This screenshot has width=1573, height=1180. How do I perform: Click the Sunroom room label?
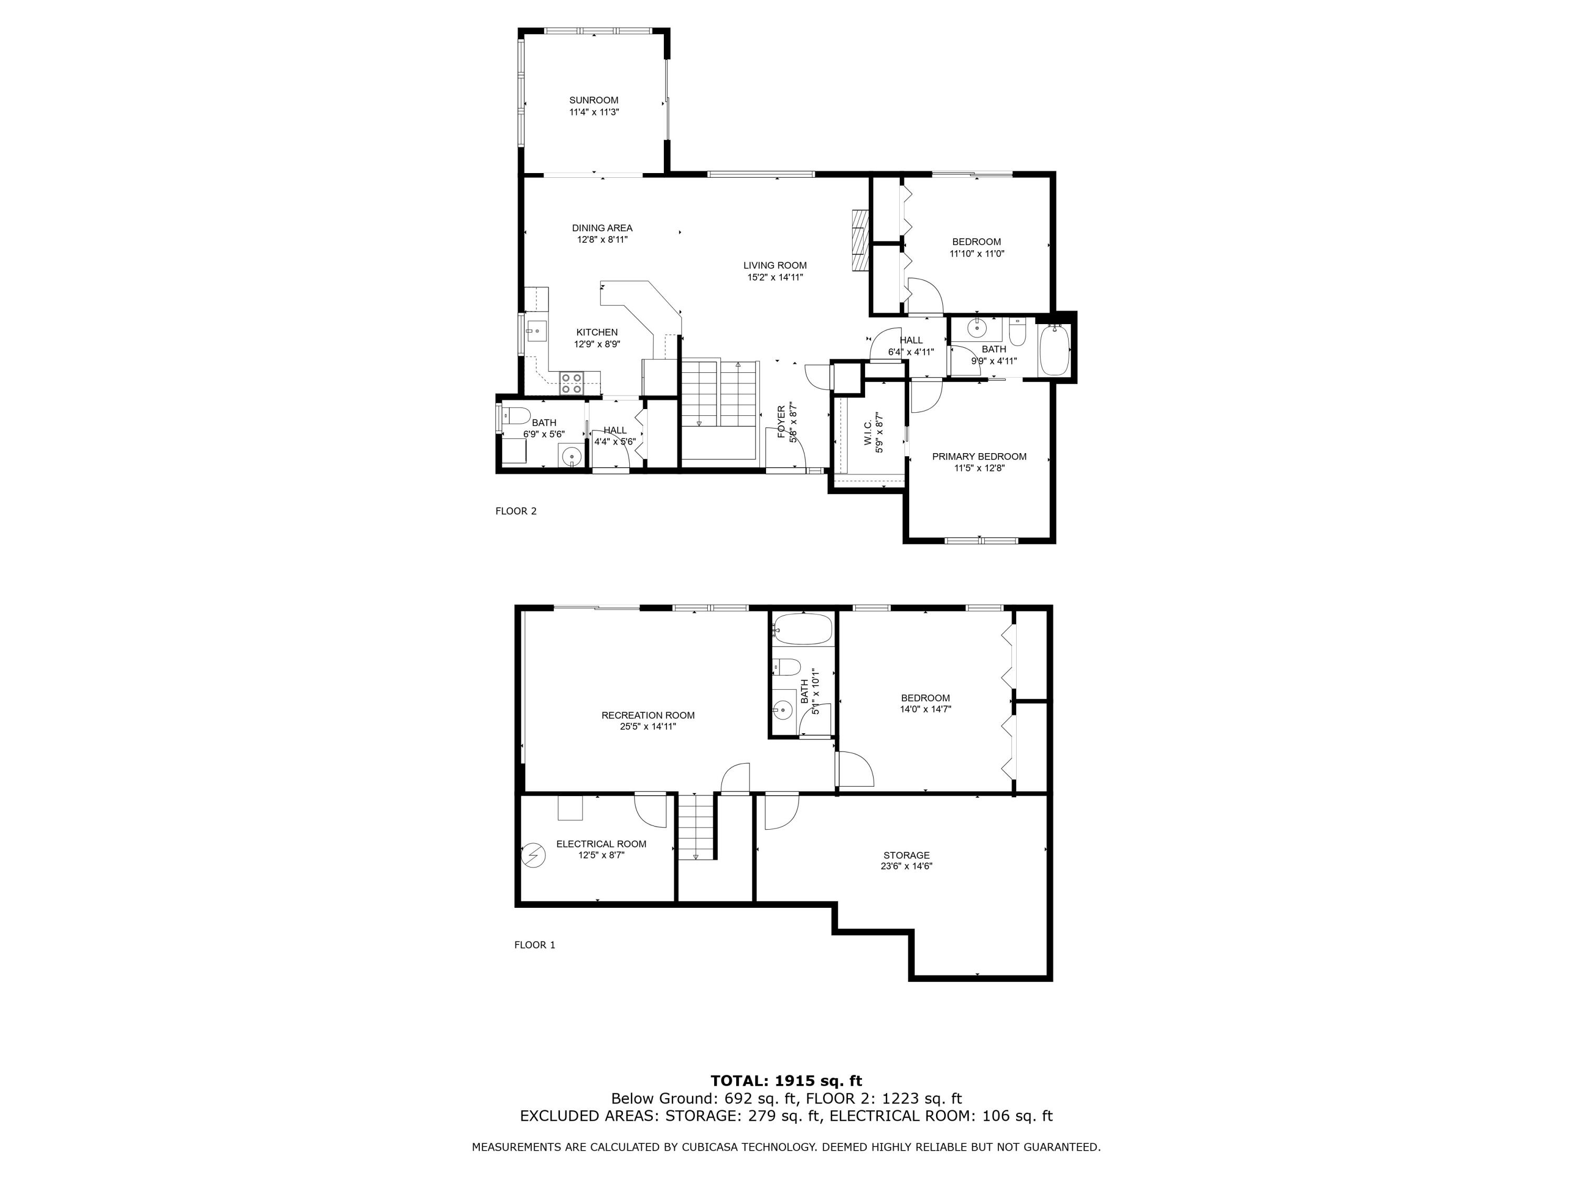pyautogui.click(x=593, y=100)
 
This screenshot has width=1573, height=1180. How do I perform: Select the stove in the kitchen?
pyautogui.click(x=572, y=383)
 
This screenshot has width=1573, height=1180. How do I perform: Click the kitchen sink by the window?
pyautogui.click(x=535, y=329)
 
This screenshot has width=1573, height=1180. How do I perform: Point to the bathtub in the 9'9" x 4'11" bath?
pyautogui.click(x=1054, y=350)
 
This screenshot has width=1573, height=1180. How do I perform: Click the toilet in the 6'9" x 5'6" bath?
pyautogui.click(x=515, y=415)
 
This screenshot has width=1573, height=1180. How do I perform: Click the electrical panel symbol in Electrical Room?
pyautogui.click(x=533, y=855)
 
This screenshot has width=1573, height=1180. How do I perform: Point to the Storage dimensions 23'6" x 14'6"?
pyautogui.click(x=906, y=866)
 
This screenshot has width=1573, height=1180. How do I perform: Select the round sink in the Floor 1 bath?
pyautogui.click(x=783, y=709)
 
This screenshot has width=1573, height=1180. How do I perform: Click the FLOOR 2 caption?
pyautogui.click(x=515, y=511)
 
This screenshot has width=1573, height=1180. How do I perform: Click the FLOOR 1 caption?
pyautogui.click(x=534, y=945)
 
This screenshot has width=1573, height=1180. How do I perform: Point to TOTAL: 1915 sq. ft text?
pyautogui.click(x=786, y=1081)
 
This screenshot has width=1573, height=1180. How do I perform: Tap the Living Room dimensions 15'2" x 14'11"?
pyautogui.click(x=774, y=277)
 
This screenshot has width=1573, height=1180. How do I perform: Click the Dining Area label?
pyautogui.click(x=601, y=228)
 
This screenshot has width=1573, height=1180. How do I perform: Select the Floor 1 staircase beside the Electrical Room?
pyautogui.click(x=695, y=827)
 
